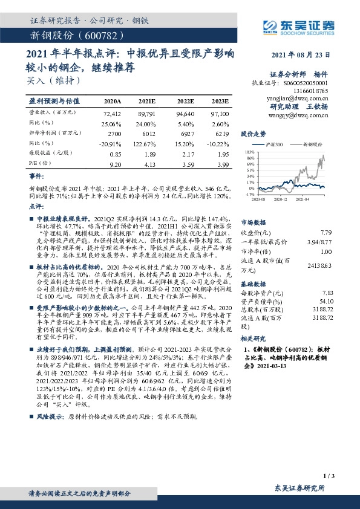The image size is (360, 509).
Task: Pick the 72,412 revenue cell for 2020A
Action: pyautogui.click(x=113, y=112)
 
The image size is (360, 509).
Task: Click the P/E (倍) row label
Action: pyautogui.click(x=40, y=164)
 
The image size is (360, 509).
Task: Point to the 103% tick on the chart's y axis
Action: pyautogui.click(x=250, y=153)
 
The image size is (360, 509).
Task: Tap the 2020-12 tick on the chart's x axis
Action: pyautogui.click(x=280, y=199)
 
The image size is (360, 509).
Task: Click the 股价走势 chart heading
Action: pyautogui.click(x=254, y=133)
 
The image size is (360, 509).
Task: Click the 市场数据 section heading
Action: pyautogui.click(x=254, y=222)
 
